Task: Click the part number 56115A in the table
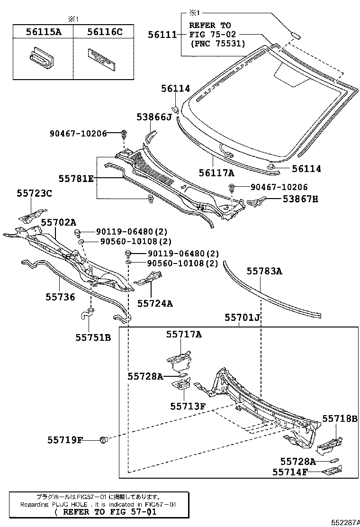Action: click(43, 32)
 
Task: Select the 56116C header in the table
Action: click(105, 32)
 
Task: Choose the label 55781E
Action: click(76, 179)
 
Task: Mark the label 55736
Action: click(60, 297)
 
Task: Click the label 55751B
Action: click(93, 337)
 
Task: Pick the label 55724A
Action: click(155, 303)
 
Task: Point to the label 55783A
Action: click(264, 271)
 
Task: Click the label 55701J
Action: click(243, 318)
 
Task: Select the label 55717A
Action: click(183, 334)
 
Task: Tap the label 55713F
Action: click(188, 406)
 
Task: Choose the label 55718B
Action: click(340, 418)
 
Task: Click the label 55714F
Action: click(290, 472)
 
